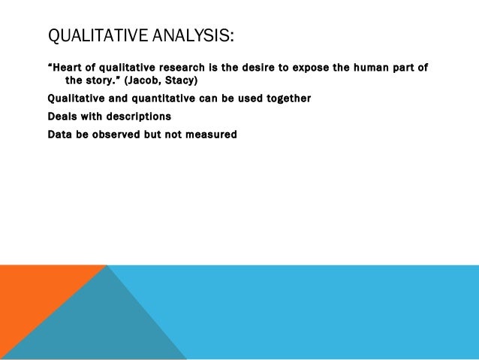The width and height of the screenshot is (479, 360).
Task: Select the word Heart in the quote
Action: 70,68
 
